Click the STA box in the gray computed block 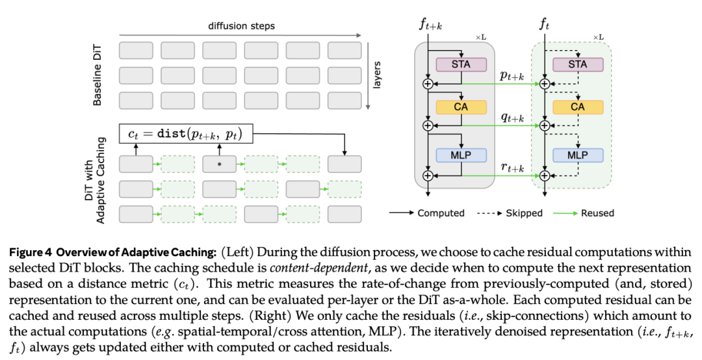tap(461, 64)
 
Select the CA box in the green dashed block tap(577, 107)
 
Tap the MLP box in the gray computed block tap(461, 155)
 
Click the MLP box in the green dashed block tap(577, 155)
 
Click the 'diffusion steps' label tap(241, 27)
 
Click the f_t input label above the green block tap(545, 25)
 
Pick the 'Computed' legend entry tap(441, 212)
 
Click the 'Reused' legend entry tap(598, 212)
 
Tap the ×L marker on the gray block tap(480, 38)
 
